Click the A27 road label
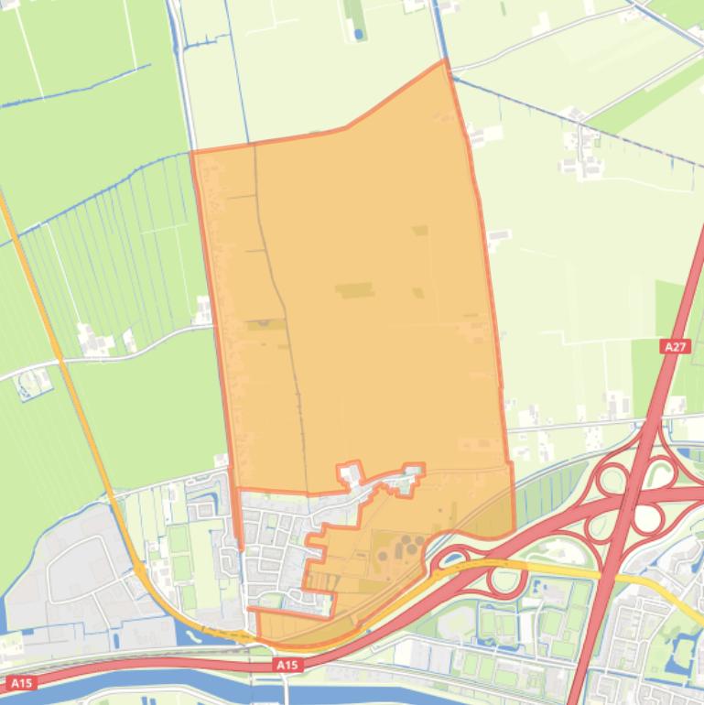(675, 346)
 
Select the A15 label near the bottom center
(287, 666)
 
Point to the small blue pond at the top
(358, 34)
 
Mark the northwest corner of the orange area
(191, 152)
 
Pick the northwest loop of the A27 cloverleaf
(612, 478)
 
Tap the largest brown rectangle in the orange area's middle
(353, 291)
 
